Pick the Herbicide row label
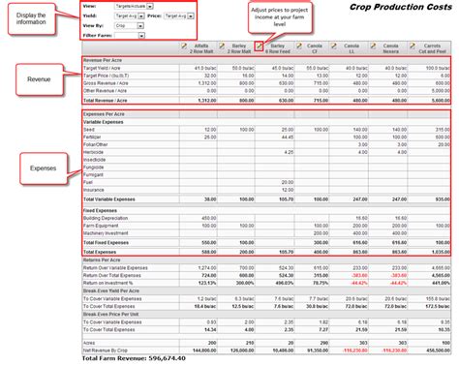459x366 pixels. (98, 151)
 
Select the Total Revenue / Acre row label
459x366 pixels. (110, 101)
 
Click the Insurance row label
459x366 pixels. (97, 190)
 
